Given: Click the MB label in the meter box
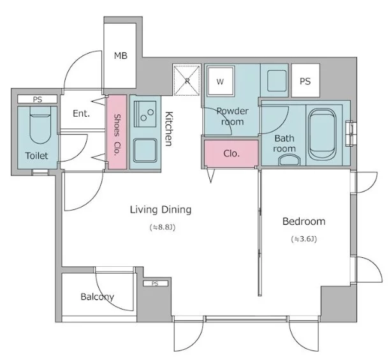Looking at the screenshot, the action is coord(121,56).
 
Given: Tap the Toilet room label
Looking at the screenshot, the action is coord(36,156).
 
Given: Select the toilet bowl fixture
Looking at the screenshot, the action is coord(40,125).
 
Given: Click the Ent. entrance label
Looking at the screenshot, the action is coord(81,114).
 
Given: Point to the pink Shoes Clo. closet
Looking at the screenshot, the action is coord(117,132).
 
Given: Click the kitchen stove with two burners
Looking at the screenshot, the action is coord(145,114).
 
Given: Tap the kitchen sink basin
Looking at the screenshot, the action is coord(145,150).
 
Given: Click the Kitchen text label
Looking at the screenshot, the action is coord(169,128).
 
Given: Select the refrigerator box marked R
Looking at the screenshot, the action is coord(187,80).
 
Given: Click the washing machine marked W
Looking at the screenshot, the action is coord(221,81).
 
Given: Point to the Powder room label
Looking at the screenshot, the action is coord(232,116).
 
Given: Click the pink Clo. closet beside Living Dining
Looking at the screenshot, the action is coord(231,153).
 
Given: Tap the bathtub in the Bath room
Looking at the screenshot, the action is coord(322,134).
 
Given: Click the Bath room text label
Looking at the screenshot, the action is coord(284,143).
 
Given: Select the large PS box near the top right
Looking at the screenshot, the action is coord(305,80).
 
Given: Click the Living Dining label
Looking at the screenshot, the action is coord(161,209).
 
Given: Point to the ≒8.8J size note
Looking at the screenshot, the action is coord(163,227).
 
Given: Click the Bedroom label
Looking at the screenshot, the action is coord(304,221).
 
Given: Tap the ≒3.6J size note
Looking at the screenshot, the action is coord(304,239).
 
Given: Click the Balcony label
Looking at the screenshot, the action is coord(97,297).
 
